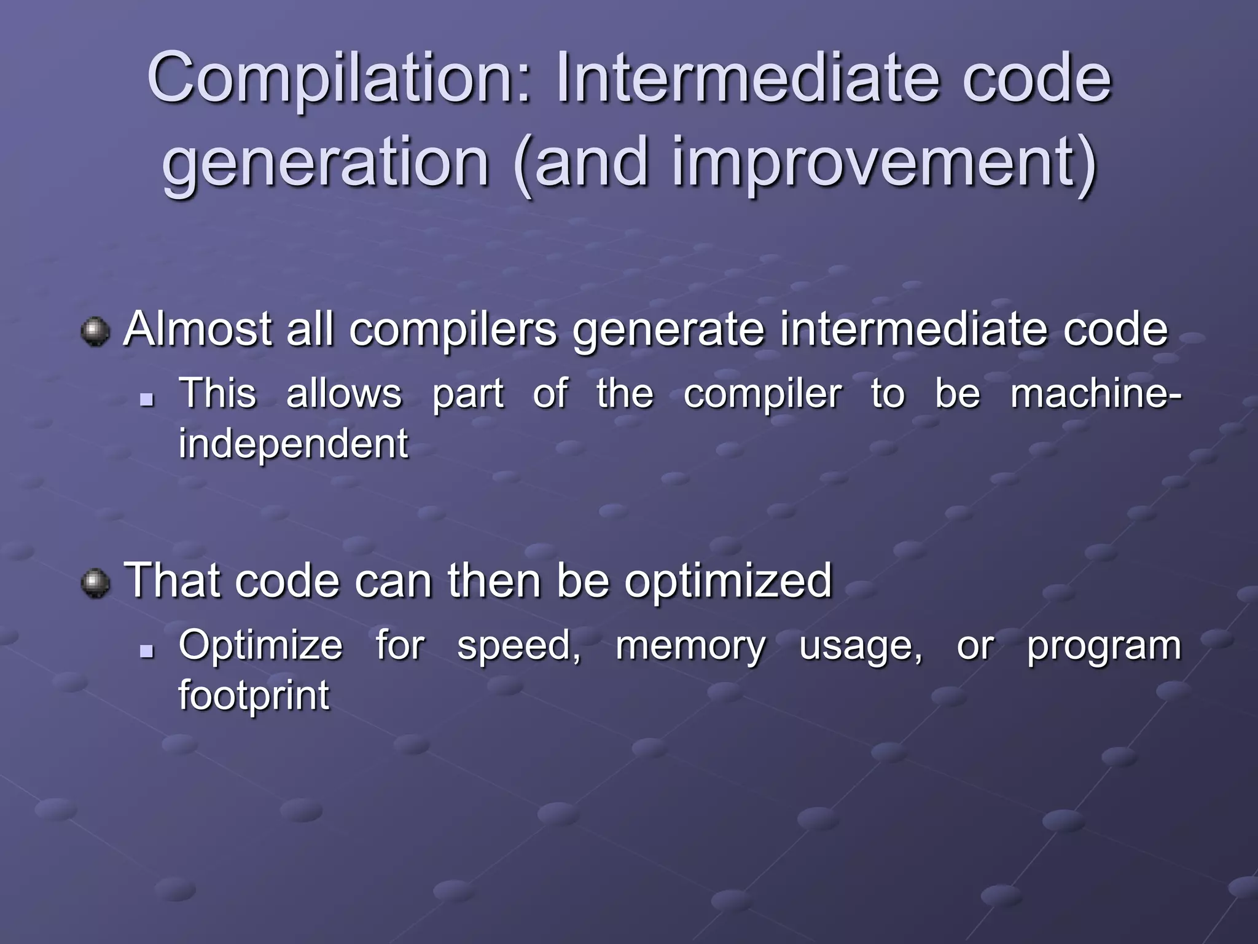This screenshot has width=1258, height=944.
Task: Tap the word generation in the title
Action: tap(326, 163)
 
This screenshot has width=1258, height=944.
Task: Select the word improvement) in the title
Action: tap(885, 163)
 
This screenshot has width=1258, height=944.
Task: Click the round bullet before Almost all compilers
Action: tap(95, 332)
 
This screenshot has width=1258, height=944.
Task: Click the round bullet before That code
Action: tap(95, 583)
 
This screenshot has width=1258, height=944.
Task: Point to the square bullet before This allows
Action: tap(146, 400)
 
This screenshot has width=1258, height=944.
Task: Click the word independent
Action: tap(293, 444)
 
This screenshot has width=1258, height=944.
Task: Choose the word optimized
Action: tap(728, 581)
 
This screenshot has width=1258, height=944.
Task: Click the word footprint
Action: tap(254, 696)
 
